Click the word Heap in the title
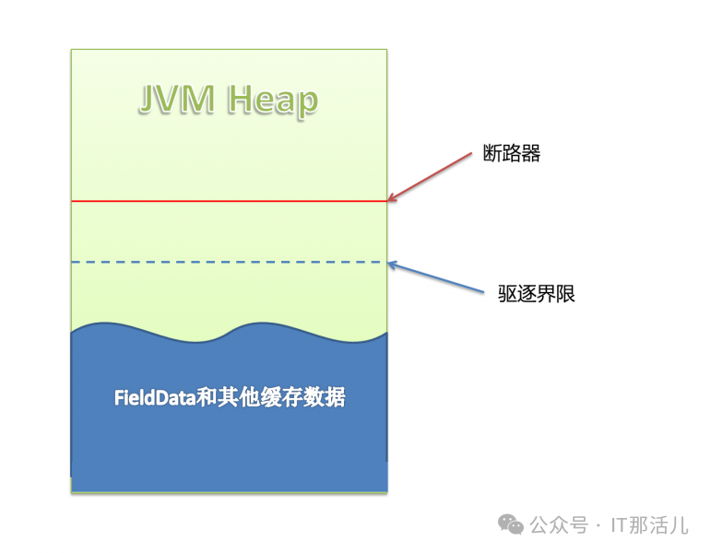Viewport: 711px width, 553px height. click(273, 100)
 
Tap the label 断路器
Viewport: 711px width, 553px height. click(511, 154)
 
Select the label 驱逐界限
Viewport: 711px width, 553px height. click(536, 296)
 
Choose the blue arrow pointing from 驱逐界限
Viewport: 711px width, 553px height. click(437, 279)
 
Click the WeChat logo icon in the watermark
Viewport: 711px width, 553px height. click(510, 524)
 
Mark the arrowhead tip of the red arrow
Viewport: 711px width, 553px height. click(389, 200)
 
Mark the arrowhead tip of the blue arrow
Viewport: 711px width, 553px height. click(389, 264)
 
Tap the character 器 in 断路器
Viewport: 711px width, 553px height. click(530, 154)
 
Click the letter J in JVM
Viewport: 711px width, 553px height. click(148, 100)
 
